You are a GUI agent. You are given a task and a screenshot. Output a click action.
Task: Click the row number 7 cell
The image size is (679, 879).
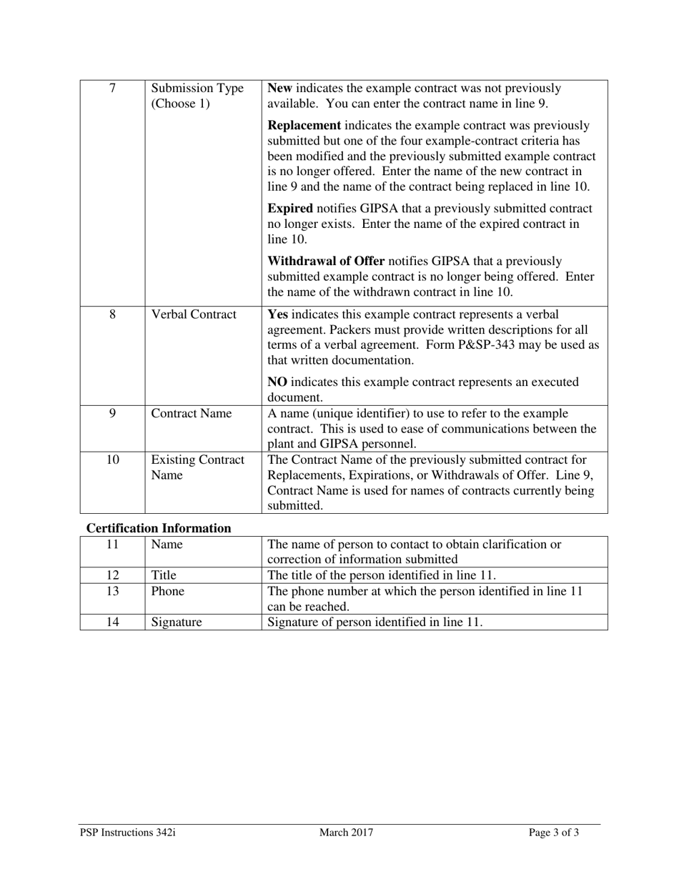(x=112, y=89)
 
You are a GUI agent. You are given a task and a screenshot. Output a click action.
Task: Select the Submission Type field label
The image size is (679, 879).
(x=197, y=96)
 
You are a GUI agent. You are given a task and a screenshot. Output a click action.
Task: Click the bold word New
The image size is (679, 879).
(x=279, y=89)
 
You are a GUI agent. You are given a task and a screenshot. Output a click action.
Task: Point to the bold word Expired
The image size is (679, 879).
(x=289, y=209)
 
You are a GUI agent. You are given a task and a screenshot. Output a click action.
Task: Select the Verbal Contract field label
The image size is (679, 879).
(x=194, y=314)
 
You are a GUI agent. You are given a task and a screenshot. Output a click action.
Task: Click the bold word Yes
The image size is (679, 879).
(x=278, y=314)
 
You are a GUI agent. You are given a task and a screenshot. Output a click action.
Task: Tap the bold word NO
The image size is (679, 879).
(x=277, y=382)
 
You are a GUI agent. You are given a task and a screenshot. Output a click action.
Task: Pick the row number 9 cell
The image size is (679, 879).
(x=112, y=414)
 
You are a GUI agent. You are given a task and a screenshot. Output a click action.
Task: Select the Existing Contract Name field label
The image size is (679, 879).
(x=197, y=467)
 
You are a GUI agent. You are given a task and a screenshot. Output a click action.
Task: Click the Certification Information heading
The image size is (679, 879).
(x=159, y=529)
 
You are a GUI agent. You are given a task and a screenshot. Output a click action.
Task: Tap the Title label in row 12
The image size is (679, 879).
(x=164, y=575)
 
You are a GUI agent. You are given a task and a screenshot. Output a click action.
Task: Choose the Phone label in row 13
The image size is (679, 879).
(x=167, y=592)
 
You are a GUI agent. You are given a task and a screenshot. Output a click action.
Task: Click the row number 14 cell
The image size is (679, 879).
(x=112, y=622)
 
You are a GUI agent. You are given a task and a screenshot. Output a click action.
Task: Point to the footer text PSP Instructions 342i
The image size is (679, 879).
(x=127, y=833)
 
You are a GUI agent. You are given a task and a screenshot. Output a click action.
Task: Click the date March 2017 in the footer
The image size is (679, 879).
(x=346, y=833)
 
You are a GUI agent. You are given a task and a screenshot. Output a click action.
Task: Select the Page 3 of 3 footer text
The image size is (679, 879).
(x=554, y=833)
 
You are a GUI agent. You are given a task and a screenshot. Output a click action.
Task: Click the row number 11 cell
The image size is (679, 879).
(x=112, y=545)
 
